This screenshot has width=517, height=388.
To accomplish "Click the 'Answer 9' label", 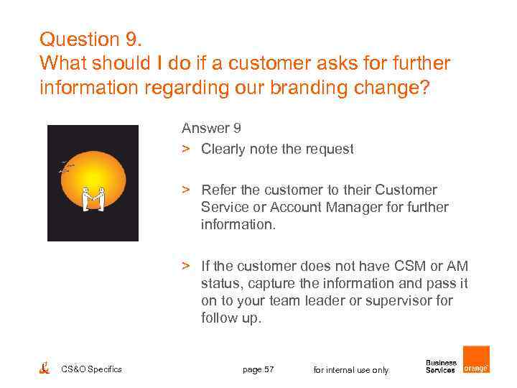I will (x=210, y=129).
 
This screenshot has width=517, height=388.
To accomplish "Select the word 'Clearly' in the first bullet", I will (x=224, y=149).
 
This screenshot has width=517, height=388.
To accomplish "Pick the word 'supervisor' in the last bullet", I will (x=400, y=300).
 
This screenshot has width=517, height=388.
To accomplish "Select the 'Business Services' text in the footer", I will (x=441, y=366).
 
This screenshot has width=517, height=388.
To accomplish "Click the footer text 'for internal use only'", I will (x=351, y=370).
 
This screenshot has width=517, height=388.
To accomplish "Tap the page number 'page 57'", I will (x=258, y=369).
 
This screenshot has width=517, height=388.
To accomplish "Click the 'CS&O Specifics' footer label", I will (x=91, y=369).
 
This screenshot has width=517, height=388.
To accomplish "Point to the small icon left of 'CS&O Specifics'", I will (x=44, y=369).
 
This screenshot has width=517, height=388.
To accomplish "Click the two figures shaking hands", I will (x=93, y=199).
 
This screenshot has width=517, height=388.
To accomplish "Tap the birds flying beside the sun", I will (x=66, y=167).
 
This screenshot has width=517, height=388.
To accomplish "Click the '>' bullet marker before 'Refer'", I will (x=185, y=190).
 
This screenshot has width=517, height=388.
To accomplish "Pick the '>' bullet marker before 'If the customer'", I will (x=185, y=266).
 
